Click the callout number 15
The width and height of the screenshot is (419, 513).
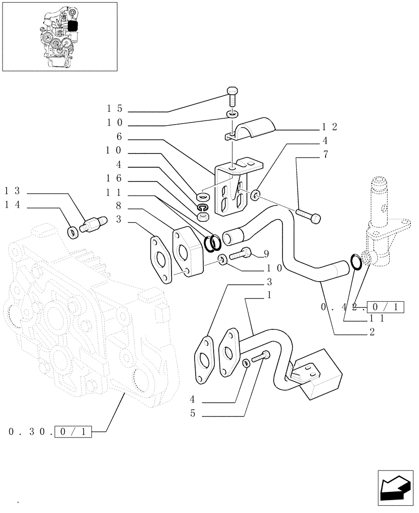[x=115, y=109]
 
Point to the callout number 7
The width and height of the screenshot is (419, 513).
[x=325, y=154]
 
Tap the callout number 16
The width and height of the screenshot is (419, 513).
[x=115, y=178]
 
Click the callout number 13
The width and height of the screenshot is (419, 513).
[x=11, y=190]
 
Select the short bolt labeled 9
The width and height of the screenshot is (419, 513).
[x=240, y=252]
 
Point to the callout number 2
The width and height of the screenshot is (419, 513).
[x=371, y=332]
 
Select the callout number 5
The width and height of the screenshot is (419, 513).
[x=193, y=413]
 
